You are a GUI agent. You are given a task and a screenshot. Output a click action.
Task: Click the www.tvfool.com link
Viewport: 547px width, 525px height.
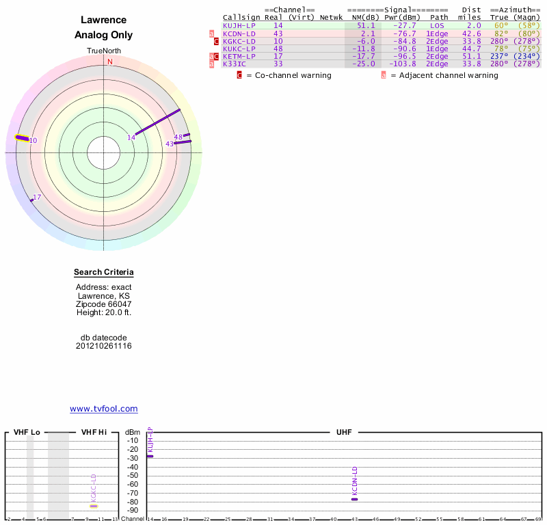[104, 409]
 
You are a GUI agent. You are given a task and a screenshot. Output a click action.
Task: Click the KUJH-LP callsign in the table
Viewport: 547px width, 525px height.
[239, 25]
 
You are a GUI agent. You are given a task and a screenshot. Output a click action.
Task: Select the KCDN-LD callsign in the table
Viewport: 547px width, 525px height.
[239, 33]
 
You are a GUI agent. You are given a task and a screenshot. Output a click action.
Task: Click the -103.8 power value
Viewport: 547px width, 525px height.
[402, 64]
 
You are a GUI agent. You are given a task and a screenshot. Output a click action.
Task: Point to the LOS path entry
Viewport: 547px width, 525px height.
[438, 25]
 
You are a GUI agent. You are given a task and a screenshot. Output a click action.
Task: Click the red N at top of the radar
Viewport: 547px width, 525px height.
[109, 62]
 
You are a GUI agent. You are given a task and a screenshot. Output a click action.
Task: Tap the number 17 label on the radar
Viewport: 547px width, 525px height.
[37, 197]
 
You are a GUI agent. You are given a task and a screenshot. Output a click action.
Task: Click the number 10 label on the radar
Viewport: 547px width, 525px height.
[33, 141]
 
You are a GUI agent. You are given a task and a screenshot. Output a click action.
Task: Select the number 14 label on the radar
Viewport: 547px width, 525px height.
[131, 138]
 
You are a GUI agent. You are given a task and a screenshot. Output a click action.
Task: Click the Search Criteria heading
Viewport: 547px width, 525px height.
[104, 273]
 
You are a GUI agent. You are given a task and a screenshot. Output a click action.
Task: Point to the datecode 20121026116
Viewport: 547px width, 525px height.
[104, 346]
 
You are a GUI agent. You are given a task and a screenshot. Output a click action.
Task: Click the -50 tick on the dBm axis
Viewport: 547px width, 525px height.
[133, 475]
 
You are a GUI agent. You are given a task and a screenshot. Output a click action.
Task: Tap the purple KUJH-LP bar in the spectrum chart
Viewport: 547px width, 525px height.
[150, 456]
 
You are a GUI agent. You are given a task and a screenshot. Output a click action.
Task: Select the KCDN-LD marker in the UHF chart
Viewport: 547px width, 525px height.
[354, 499]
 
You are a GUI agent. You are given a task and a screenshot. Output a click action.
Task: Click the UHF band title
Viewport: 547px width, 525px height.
[343, 433]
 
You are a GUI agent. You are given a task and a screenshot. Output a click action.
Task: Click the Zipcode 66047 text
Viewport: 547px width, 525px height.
[104, 304]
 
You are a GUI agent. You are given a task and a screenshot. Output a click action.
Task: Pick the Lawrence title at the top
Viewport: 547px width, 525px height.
[104, 21]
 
